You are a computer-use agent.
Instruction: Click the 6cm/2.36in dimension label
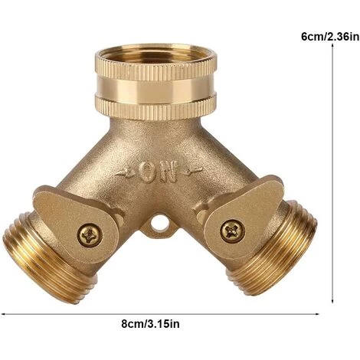330,37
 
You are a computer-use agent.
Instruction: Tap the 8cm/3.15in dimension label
150,324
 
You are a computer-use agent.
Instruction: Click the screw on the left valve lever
90,235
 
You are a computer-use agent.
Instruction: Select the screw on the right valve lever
233,231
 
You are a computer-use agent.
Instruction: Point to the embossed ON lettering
158,172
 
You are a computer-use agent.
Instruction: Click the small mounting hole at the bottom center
157,224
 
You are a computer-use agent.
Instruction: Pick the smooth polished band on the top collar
155,87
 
